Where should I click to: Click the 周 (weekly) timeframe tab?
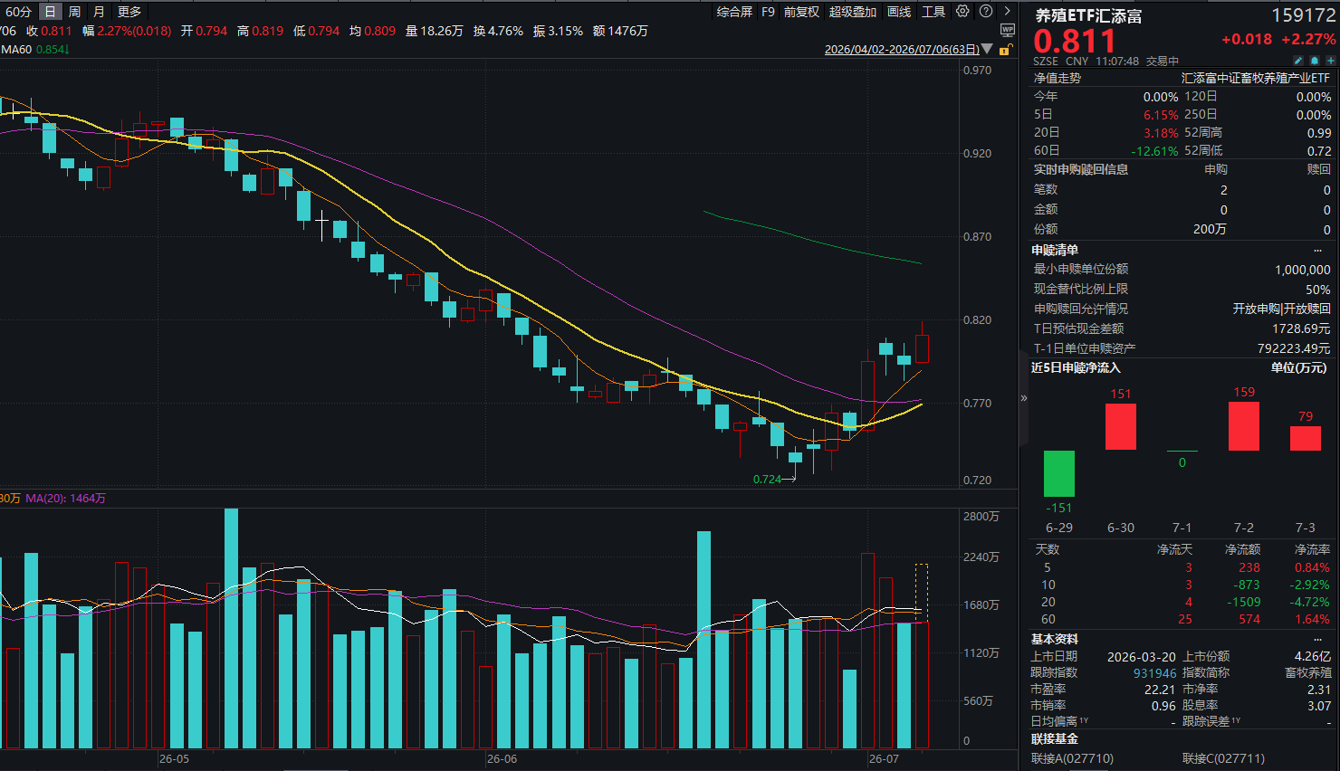(74, 12)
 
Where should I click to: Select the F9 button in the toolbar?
(768, 12)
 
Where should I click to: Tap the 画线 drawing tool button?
(898, 12)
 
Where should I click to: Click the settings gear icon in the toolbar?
(962, 12)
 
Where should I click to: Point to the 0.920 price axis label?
(977, 154)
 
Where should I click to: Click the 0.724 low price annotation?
(767, 480)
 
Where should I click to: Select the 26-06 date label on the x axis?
(502, 759)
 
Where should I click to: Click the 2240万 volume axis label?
(981, 557)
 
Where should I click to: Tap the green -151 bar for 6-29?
(1058, 473)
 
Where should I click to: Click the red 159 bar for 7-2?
(1244, 426)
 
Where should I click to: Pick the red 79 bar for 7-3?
(1306, 438)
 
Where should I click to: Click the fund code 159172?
(1303, 15)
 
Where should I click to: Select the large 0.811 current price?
(1075, 42)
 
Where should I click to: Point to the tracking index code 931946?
(1154, 673)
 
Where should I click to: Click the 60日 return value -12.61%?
(1154, 150)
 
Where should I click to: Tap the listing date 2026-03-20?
(1142, 657)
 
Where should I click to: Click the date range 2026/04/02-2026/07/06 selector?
(902, 49)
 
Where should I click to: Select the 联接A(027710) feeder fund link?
(1072, 758)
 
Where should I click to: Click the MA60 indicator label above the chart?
(16, 50)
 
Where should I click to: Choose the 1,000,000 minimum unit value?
(1302, 270)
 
